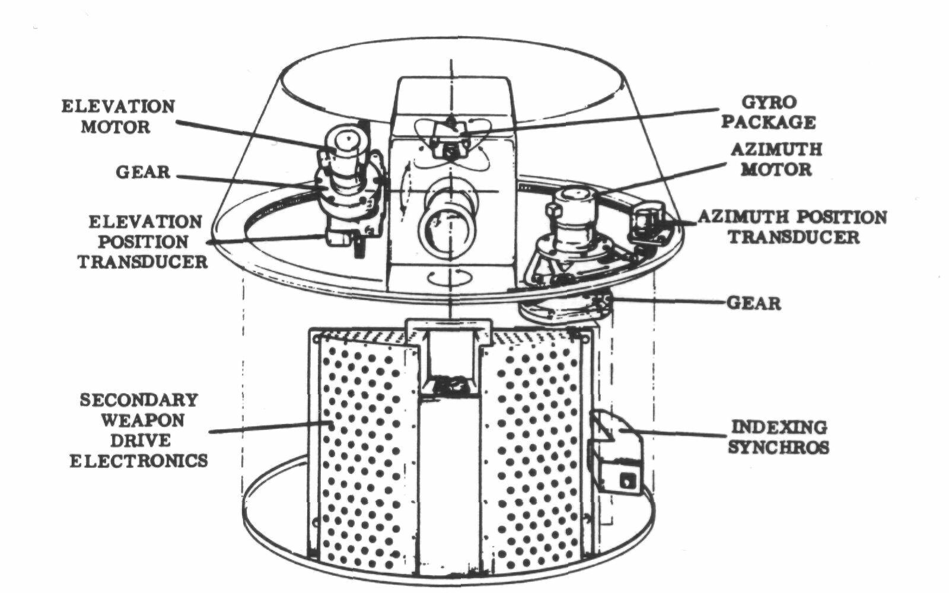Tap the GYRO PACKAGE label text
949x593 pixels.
(769, 112)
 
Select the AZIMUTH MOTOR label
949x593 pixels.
(776, 160)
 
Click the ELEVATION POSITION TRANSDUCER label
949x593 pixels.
(143, 242)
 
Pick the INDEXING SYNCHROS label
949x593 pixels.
(778, 436)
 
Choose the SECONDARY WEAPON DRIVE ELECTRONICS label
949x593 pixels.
(139, 431)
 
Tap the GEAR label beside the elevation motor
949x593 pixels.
(143, 173)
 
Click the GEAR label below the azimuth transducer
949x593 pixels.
(754, 304)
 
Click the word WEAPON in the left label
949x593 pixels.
(142, 420)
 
